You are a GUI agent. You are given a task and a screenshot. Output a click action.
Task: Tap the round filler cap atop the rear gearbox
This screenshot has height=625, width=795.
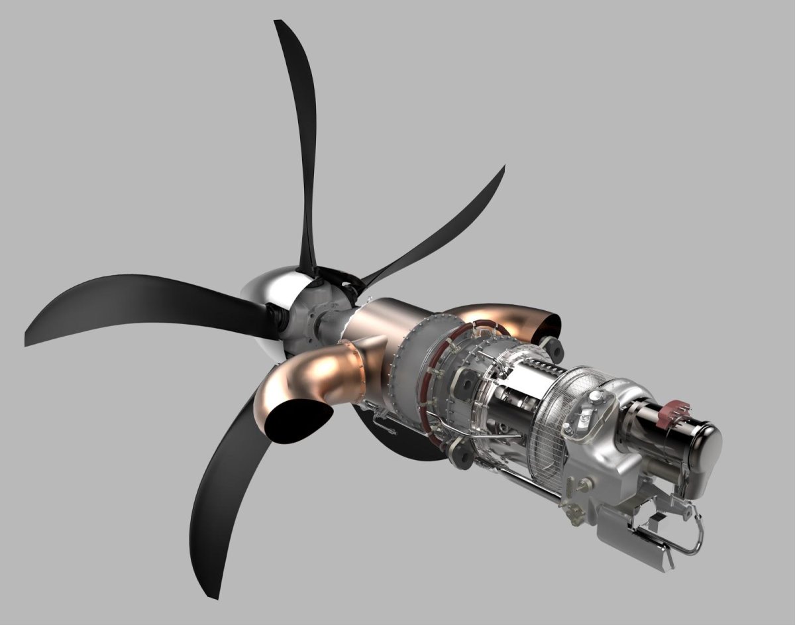[x=596, y=397]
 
